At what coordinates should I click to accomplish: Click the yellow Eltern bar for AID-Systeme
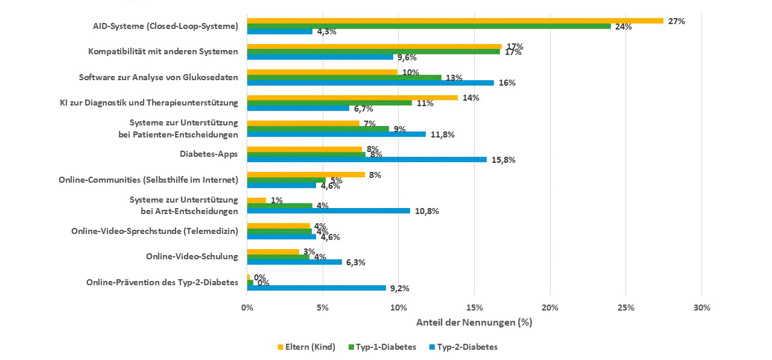pos(455,21)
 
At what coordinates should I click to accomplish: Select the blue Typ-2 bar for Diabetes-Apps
pos(367,160)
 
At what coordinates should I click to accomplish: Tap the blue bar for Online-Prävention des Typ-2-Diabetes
pos(316,288)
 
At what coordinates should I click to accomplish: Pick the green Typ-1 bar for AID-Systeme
pos(429,26)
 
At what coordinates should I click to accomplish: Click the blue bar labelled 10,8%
pos(328,211)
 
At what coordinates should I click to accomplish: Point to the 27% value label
pos(676,21)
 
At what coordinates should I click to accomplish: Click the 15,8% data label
pos(504,160)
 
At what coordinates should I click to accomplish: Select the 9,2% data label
pos(399,288)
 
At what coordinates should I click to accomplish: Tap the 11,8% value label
pos(443,134)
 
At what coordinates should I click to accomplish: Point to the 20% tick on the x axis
pos(549,308)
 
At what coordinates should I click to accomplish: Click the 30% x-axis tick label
pos(701,308)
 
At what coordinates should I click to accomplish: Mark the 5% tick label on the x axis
pos(322,308)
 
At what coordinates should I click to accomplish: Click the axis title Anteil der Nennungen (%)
pos(474,322)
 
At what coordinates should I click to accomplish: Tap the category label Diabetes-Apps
pos(209,154)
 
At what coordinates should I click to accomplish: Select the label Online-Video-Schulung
pos(192,256)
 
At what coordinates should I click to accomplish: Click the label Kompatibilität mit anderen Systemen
pos(163,51)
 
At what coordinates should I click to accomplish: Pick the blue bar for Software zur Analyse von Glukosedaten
pos(370,83)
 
